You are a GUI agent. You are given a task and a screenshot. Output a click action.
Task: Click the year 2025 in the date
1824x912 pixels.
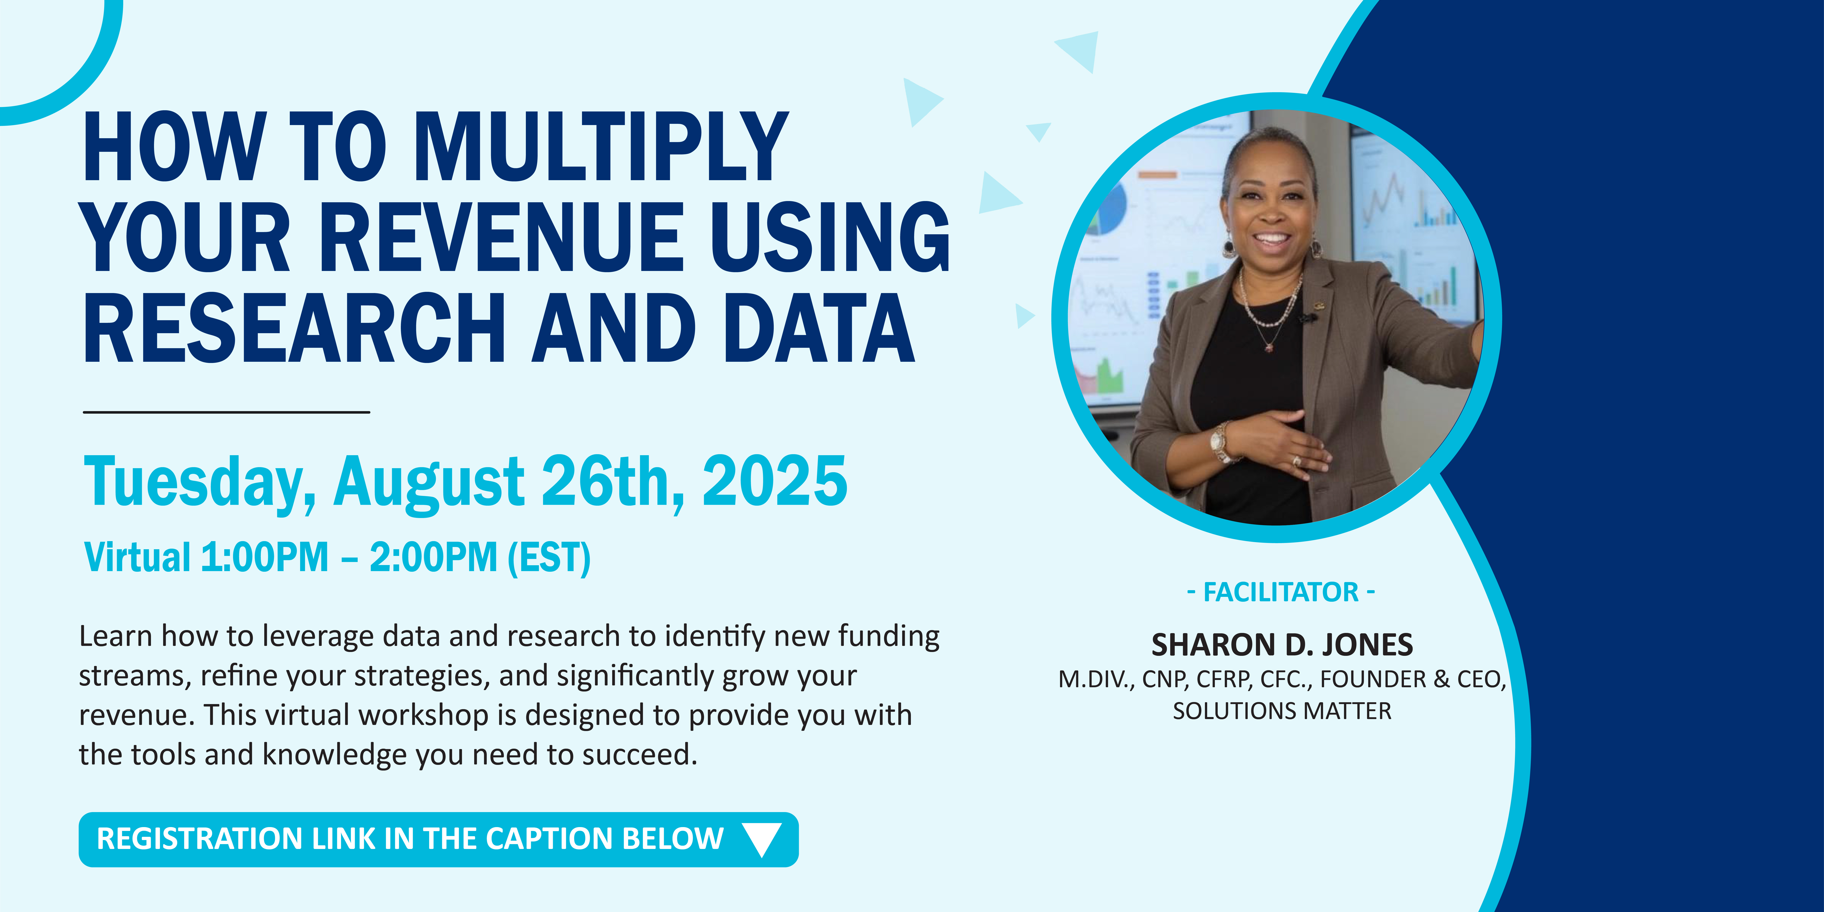click(x=775, y=482)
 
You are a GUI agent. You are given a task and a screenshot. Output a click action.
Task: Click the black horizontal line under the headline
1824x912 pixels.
click(x=227, y=411)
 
